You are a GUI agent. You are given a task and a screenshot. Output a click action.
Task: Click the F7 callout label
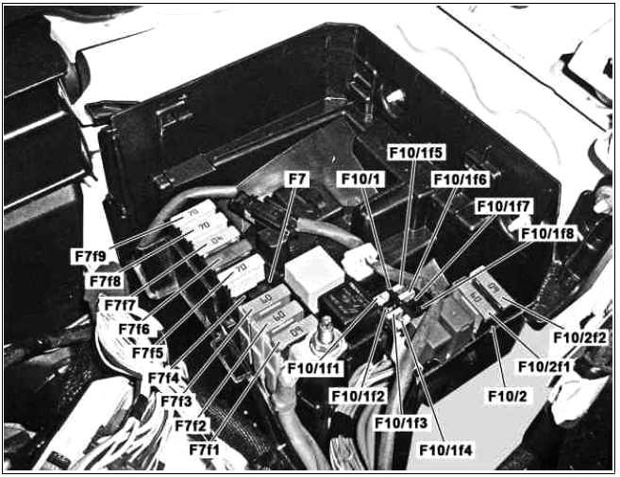[x=297, y=179]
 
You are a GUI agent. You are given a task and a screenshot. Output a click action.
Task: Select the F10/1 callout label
[x=360, y=179]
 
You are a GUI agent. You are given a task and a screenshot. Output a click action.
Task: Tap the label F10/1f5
[x=415, y=152]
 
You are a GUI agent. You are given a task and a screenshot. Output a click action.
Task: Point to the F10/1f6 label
[x=461, y=179]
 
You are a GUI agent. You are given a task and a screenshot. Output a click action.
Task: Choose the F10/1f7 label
[x=504, y=207]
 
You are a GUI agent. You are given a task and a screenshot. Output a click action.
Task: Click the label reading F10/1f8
[x=547, y=233]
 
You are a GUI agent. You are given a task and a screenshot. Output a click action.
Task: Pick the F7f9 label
[x=91, y=256]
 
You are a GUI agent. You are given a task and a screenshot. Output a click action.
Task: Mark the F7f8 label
[x=105, y=281]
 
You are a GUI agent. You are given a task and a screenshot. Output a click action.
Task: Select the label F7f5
[x=147, y=352]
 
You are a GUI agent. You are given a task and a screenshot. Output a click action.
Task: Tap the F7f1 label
[x=204, y=450]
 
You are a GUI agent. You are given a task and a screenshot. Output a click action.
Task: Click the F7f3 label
[x=176, y=401]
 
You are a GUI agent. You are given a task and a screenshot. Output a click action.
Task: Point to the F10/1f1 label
[x=313, y=368]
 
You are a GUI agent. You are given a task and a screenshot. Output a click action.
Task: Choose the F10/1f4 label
[x=445, y=451]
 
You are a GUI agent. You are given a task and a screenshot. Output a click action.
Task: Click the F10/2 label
[x=508, y=396]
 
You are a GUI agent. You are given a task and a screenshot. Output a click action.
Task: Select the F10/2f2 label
[x=579, y=337]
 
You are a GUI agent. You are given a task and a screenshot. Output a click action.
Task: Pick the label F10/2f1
[x=545, y=366]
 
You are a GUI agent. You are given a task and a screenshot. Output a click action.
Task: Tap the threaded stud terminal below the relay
[x=326, y=332]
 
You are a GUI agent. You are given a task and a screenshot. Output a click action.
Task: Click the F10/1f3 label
[x=401, y=423]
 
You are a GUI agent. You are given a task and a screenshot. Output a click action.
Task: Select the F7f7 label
[x=120, y=305]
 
